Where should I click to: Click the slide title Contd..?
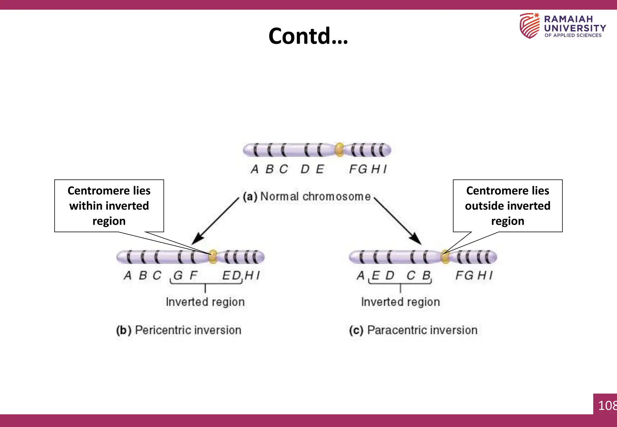[x=308, y=36]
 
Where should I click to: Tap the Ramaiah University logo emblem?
[x=529, y=26]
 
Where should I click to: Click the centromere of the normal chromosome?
[x=339, y=149]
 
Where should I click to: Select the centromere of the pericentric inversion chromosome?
[x=213, y=257]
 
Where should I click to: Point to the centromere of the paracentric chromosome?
[x=445, y=257]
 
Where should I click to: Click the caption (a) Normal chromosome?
[x=307, y=197]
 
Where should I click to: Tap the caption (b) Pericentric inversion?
[x=179, y=330]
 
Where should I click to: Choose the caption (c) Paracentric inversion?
[x=413, y=330]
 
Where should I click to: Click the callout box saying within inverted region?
[x=109, y=206]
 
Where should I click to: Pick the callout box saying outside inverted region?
[x=508, y=206]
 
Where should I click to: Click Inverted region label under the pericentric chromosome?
[x=205, y=302]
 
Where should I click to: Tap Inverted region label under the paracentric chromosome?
[x=400, y=302]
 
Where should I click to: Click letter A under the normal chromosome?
[x=255, y=169]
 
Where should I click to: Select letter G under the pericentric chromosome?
[x=178, y=275]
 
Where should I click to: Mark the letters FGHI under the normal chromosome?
[x=368, y=169]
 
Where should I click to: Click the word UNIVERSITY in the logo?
[x=575, y=28]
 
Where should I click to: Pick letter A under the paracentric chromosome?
[x=360, y=275]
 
